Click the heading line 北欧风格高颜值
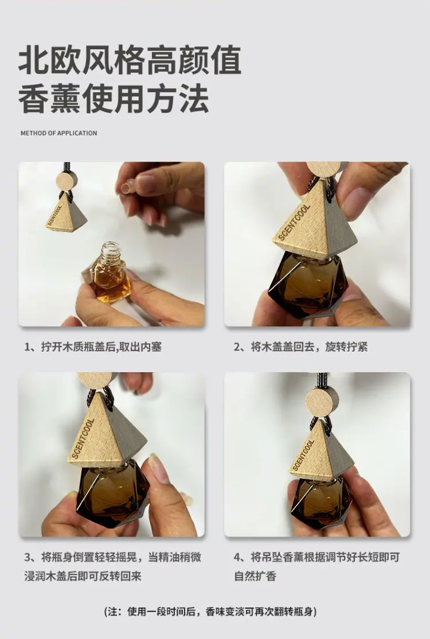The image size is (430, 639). coord(130,61)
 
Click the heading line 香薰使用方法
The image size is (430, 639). coord(114,99)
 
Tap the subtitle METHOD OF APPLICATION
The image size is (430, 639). coord(58,133)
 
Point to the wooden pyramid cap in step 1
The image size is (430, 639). coord(66,212)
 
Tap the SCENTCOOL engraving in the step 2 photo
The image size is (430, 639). coord(294,222)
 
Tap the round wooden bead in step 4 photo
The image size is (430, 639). coord(322,402)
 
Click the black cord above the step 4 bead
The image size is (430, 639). coord(322,380)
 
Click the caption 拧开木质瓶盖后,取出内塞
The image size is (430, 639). coord(93,347)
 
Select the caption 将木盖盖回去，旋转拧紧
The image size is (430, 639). coord(300,347)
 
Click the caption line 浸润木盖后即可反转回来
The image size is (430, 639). coord(83,576)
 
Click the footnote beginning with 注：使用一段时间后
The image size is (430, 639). coord(211,612)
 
